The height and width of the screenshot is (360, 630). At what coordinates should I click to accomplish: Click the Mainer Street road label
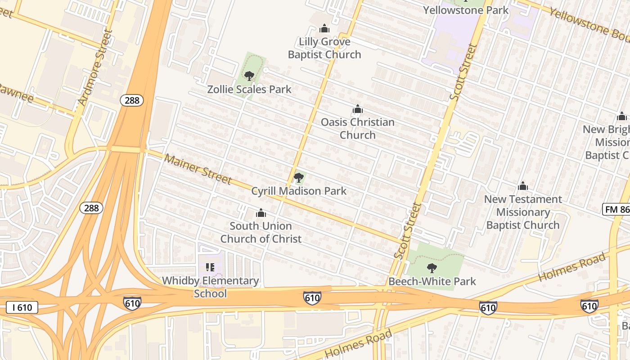pyautogui.click(x=198, y=169)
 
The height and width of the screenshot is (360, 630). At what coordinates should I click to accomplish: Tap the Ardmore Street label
pyautogui.click(x=94, y=67)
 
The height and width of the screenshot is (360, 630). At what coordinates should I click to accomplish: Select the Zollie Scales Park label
pyautogui.click(x=249, y=89)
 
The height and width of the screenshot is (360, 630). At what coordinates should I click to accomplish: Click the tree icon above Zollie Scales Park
pyautogui.click(x=249, y=76)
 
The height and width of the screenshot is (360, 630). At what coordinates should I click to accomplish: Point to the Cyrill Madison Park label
pyautogui.click(x=299, y=191)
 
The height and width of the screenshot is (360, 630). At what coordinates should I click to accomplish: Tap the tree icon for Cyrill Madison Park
pyautogui.click(x=298, y=178)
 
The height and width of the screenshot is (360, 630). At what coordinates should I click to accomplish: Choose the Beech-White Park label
pyautogui.click(x=432, y=282)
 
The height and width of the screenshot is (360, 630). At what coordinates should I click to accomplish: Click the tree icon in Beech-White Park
pyautogui.click(x=432, y=268)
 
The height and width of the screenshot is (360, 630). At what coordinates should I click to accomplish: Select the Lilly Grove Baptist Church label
pyautogui.click(x=324, y=48)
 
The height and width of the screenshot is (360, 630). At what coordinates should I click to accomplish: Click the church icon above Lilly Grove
pyautogui.click(x=324, y=29)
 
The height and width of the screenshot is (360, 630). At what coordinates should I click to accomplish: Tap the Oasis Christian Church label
pyautogui.click(x=358, y=128)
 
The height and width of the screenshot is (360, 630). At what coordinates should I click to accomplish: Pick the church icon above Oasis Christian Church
pyautogui.click(x=358, y=109)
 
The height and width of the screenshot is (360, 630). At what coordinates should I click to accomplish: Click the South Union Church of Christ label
pyautogui.click(x=261, y=232)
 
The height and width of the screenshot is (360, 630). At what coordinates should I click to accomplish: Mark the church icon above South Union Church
pyautogui.click(x=261, y=213)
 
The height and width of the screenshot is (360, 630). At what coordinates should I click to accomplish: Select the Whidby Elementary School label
pyautogui.click(x=210, y=287)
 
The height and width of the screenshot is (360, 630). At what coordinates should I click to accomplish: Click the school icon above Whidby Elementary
pyautogui.click(x=210, y=267)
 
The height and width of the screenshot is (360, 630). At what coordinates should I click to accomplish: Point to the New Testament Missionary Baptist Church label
pyautogui.click(x=523, y=212)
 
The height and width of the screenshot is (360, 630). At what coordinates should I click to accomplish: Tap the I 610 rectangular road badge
pyautogui.click(x=22, y=308)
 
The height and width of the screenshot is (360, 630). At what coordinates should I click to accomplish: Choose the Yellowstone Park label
pyautogui.click(x=466, y=10)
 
